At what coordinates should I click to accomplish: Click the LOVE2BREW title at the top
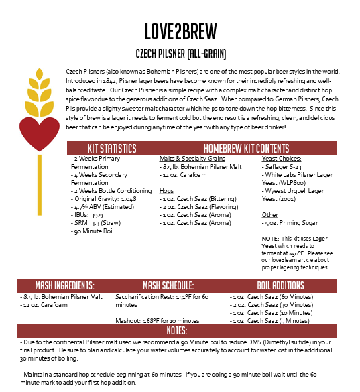point(179,31)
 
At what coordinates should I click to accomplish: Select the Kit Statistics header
point(112,148)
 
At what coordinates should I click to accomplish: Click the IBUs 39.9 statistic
point(88,215)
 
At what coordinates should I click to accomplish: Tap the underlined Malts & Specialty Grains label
point(192,159)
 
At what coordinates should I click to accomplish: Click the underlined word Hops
point(167,191)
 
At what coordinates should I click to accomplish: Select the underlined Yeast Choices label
point(280,159)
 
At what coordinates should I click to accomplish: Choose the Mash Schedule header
point(168,285)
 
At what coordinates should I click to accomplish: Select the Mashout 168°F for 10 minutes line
point(157,321)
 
